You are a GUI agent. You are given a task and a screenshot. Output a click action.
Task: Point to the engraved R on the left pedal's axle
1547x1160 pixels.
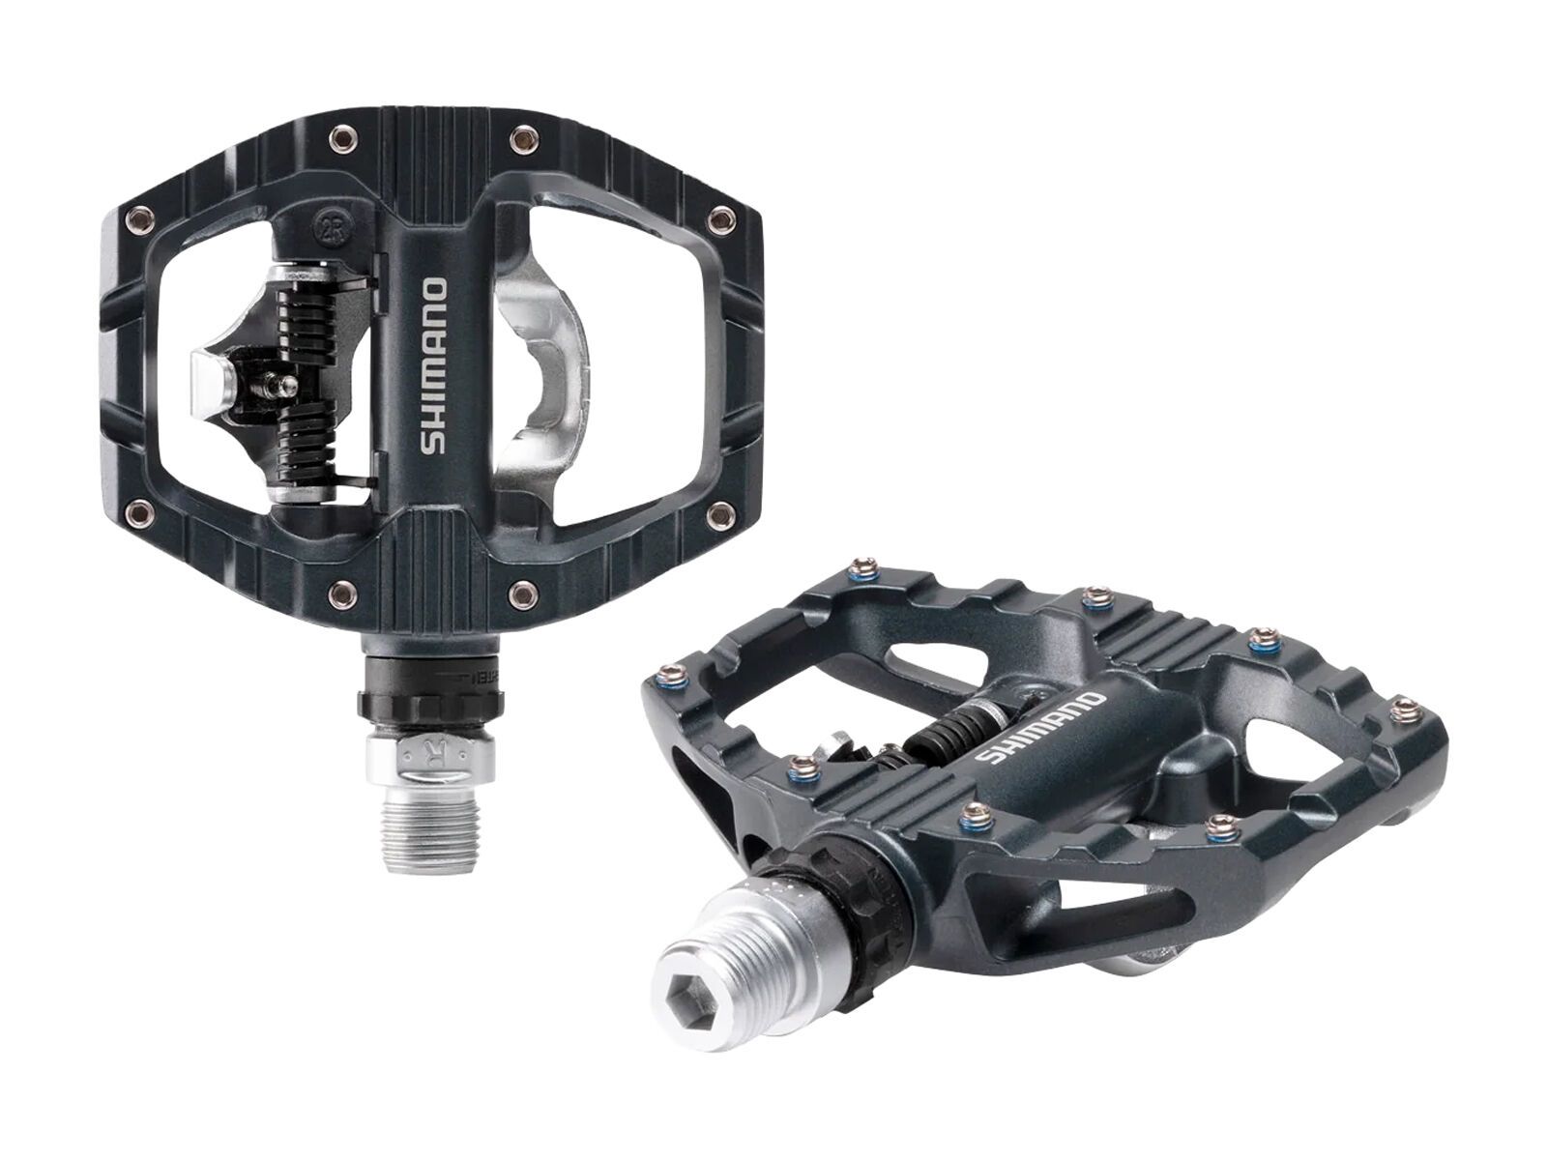click(x=429, y=749)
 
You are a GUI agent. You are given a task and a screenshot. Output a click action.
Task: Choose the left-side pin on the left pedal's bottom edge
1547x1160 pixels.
click(x=339, y=591)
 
